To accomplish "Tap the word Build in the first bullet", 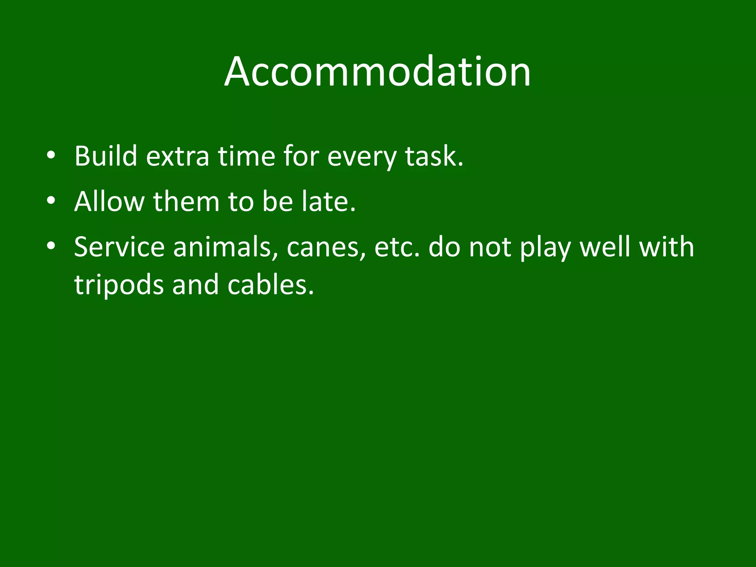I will pyautogui.click(x=106, y=156).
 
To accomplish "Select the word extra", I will pyautogui.click(x=178, y=156).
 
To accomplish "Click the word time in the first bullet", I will pyautogui.click(x=246, y=156).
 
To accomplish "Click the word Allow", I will pyautogui.click(x=109, y=202).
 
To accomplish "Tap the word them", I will pyautogui.click(x=186, y=202).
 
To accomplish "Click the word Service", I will pyautogui.click(x=119, y=247).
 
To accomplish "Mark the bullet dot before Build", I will pyautogui.click(x=51, y=155).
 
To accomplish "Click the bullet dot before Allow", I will pyautogui.click(x=51, y=201).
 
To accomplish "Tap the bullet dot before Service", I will pyautogui.click(x=51, y=246).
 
